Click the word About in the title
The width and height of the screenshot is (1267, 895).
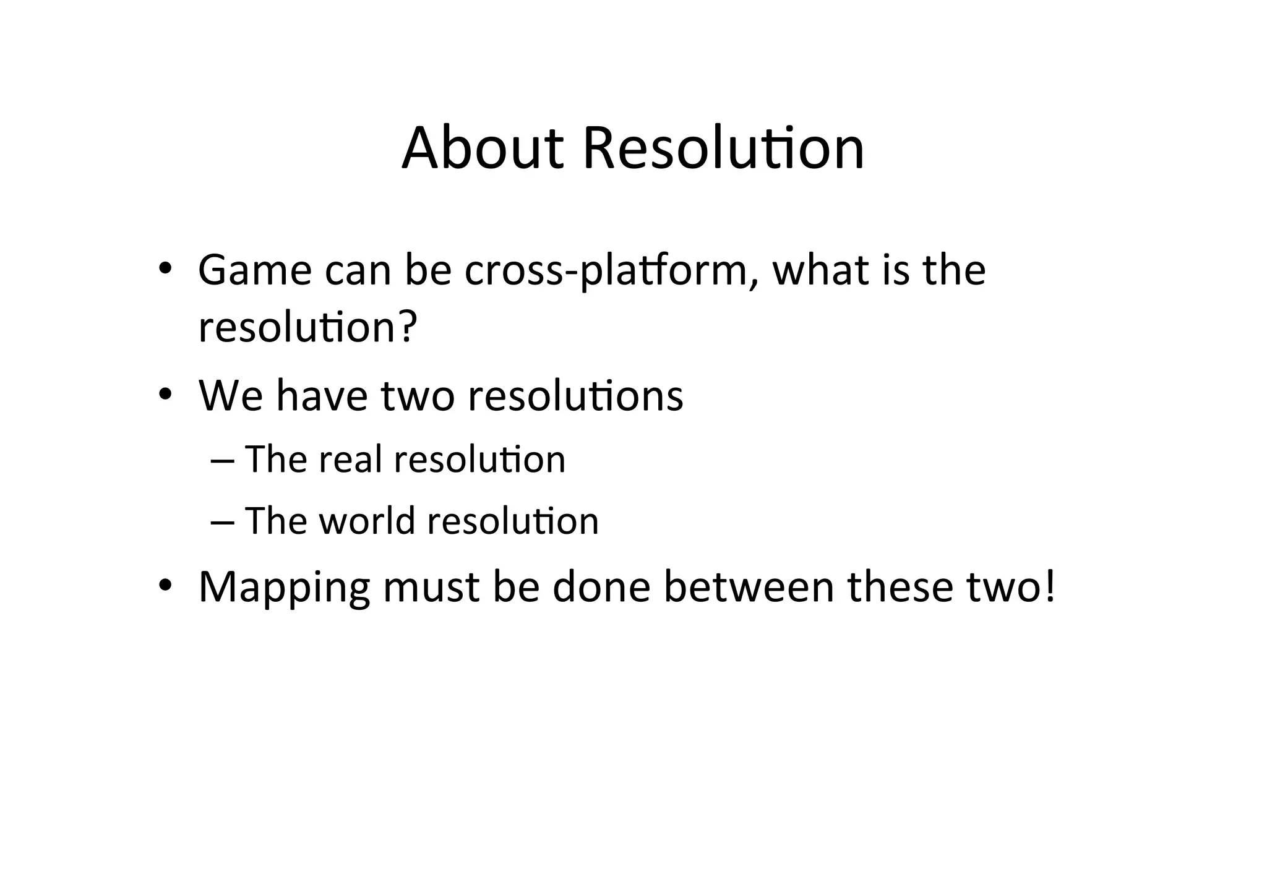click(x=483, y=148)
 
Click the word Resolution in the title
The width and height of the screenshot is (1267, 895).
click(x=723, y=148)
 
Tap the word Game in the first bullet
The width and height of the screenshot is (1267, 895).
click(x=255, y=270)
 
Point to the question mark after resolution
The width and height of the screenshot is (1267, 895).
click(x=406, y=327)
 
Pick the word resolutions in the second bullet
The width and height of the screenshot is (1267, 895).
click(x=575, y=395)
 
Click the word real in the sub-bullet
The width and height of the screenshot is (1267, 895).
click(x=350, y=460)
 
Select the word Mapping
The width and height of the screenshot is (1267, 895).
click(x=284, y=588)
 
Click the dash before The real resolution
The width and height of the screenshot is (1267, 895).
click(x=223, y=461)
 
